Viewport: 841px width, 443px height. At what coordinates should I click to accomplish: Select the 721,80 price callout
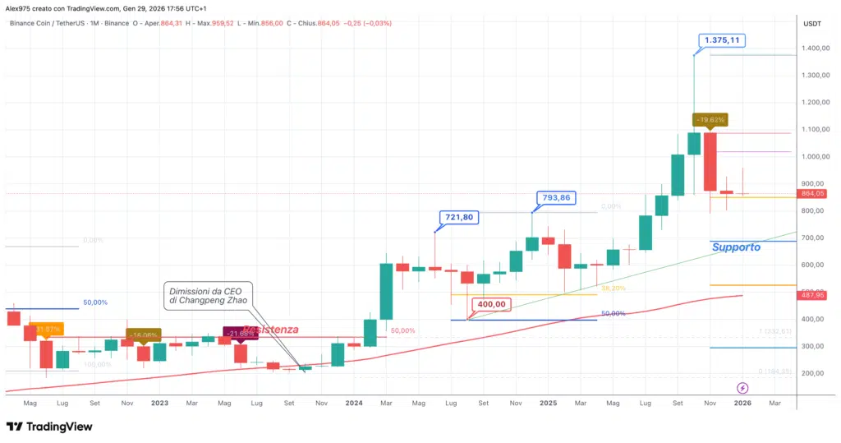click(455, 217)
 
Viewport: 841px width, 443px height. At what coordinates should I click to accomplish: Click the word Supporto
click(736, 247)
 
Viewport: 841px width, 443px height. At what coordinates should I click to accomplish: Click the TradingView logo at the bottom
click(49, 427)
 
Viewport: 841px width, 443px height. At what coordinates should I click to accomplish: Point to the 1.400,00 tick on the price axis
click(816, 48)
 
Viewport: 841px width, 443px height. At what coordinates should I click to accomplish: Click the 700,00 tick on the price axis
click(816, 238)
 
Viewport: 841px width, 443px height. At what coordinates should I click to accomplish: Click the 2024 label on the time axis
click(354, 404)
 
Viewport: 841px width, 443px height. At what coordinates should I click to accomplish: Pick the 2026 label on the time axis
click(742, 404)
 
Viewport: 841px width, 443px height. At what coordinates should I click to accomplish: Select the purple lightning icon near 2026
click(742, 387)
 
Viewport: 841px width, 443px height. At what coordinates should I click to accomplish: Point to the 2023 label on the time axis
click(159, 404)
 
